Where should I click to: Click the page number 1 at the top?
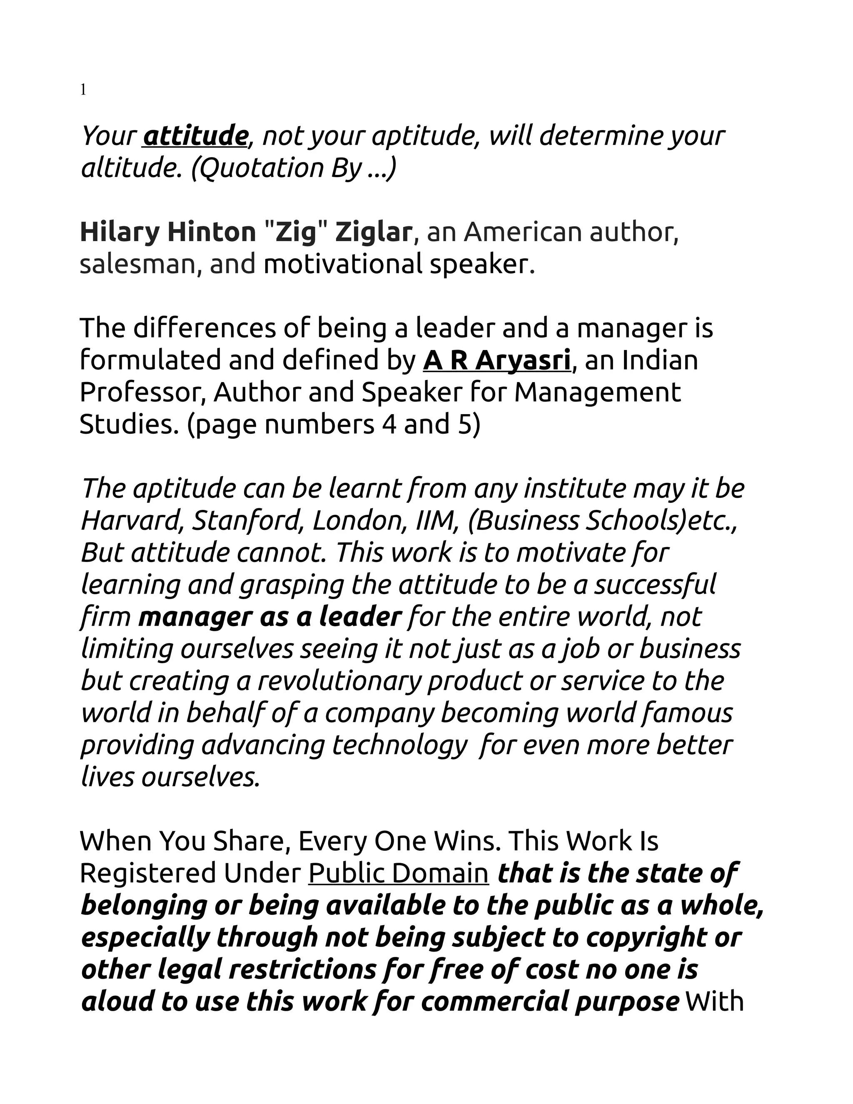[x=83, y=90]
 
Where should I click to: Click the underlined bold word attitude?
[x=195, y=135]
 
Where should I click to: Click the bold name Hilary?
[x=119, y=232]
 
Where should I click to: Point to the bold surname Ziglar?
[x=374, y=232]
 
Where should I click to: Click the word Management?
[x=597, y=392]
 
